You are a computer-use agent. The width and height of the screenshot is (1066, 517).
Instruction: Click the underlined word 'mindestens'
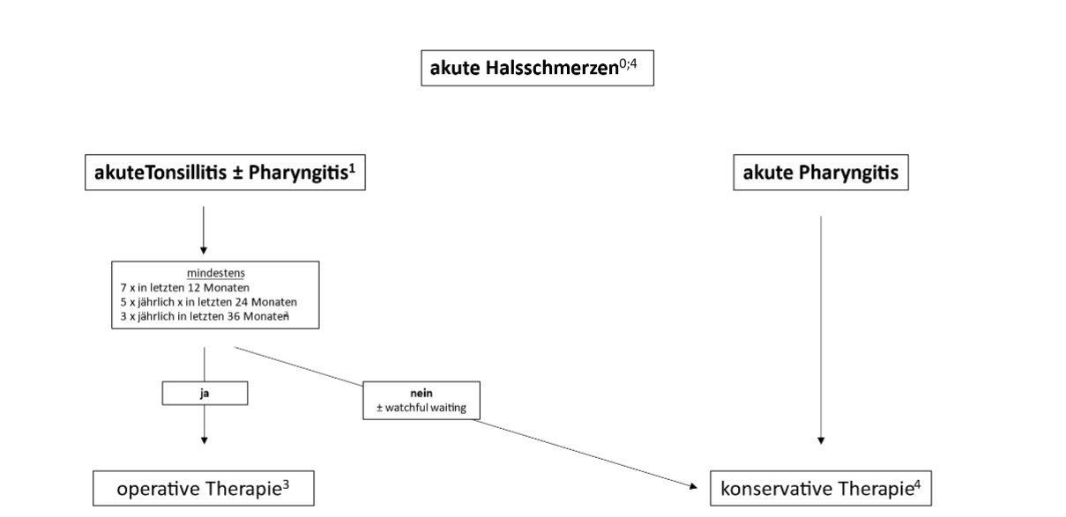point(216,273)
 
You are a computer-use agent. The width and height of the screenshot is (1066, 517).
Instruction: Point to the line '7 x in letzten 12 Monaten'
point(185,288)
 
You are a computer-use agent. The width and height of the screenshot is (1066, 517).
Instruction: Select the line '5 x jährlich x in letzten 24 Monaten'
point(209,302)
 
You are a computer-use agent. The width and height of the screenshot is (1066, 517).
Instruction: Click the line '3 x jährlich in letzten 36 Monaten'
point(205,316)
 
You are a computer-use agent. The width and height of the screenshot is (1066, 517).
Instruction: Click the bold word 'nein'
point(421,394)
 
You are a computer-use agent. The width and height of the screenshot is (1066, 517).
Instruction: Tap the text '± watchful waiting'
point(421,408)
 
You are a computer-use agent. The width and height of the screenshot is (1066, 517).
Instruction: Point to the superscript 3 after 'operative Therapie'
point(286,484)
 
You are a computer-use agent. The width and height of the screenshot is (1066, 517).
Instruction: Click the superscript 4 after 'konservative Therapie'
point(918,484)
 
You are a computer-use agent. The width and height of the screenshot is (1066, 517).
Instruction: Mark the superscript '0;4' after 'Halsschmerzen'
point(628,63)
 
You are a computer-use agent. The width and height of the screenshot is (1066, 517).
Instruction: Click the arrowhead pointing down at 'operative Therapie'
point(205,440)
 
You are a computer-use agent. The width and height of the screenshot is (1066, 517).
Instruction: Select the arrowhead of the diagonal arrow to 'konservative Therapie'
point(694,486)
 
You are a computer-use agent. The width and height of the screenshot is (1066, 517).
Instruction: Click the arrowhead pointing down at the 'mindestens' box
point(204,250)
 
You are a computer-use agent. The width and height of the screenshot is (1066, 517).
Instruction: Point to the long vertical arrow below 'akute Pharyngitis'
point(821,330)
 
